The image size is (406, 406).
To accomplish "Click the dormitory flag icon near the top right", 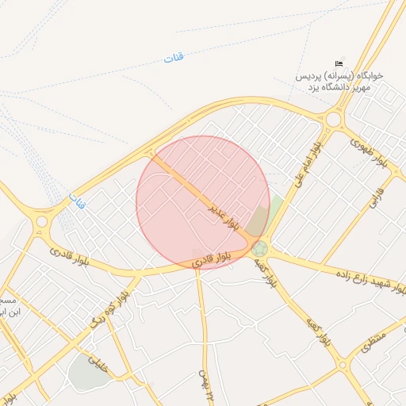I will (339, 63).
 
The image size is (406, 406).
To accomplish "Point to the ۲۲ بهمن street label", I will (208, 381).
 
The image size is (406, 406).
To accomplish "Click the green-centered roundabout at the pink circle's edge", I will (259, 249).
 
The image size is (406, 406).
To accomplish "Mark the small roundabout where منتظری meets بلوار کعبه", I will (343, 366).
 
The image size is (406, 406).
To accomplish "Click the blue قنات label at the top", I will (173, 57).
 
